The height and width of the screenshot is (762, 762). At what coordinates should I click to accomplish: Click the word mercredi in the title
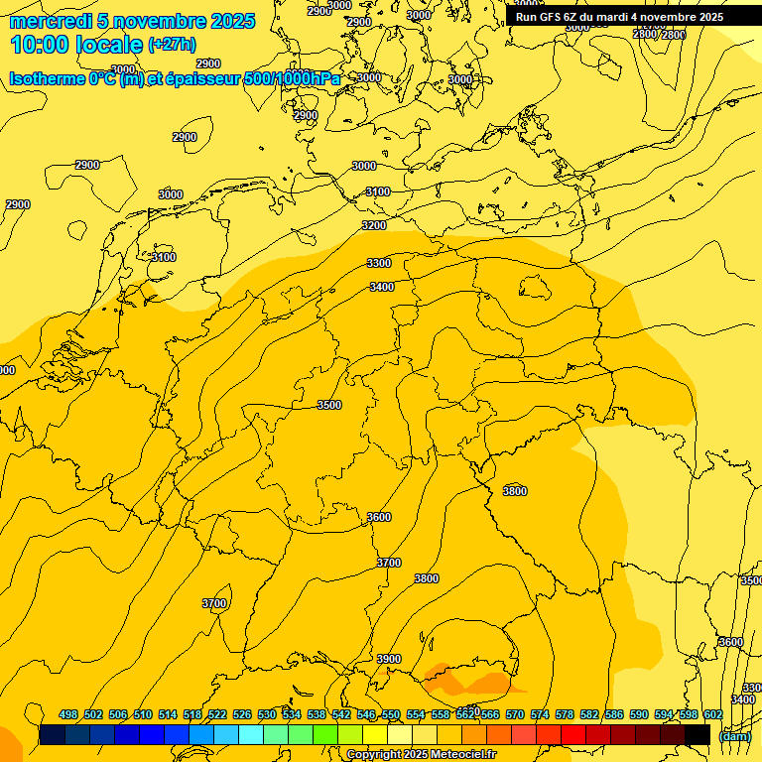coord(51,21)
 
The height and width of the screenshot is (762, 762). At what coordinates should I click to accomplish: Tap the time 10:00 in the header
coord(39,45)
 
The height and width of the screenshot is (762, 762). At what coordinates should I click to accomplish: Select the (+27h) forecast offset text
coord(172,45)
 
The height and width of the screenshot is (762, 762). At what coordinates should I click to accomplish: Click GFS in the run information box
coord(550,17)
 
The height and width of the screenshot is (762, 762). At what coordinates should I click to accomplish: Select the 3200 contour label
coord(374,225)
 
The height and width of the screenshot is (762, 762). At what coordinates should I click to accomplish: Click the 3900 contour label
coord(389,659)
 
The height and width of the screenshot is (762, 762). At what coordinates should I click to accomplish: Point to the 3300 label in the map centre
coord(379,263)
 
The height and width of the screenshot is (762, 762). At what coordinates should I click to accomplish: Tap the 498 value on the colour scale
coord(68,714)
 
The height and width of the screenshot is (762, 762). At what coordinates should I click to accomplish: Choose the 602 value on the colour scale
coord(713,714)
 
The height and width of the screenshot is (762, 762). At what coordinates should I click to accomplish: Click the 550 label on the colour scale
coord(391,714)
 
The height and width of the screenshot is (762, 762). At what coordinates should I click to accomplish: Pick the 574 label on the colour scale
coord(540,714)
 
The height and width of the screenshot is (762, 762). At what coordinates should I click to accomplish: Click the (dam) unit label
coord(734,735)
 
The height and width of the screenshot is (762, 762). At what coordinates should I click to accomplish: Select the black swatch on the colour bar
coord(698,734)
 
